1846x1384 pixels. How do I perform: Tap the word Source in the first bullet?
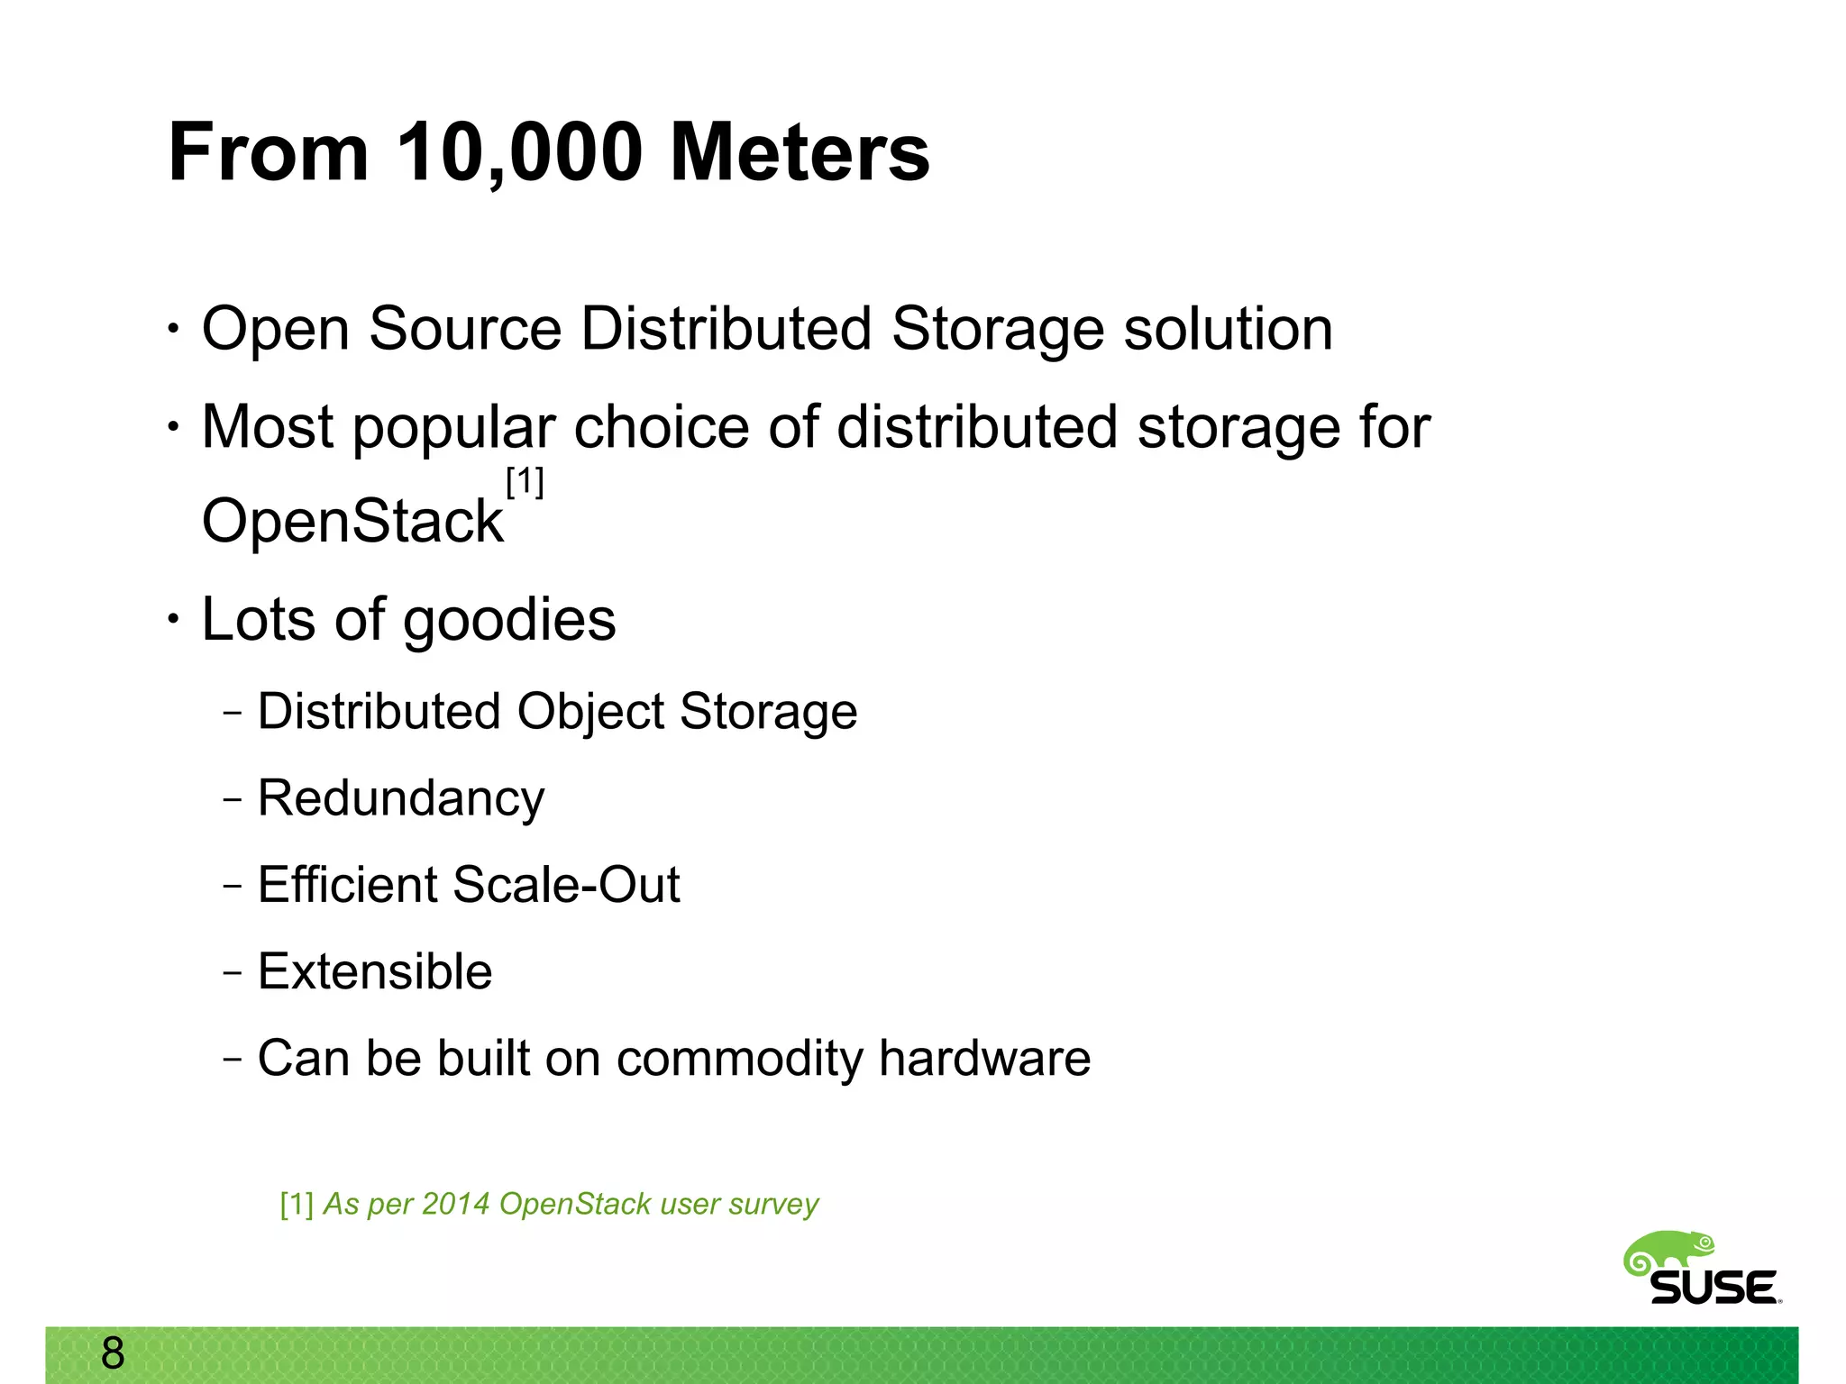(x=465, y=329)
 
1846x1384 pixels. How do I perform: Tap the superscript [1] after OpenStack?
(x=525, y=482)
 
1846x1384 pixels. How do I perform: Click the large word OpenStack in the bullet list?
(x=352, y=522)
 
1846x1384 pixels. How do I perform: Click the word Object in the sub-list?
(x=589, y=713)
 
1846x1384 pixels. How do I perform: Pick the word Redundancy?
(x=401, y=799)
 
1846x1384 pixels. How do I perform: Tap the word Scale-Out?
(x=566, y=885)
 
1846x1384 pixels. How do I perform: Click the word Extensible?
(x=375, y=971)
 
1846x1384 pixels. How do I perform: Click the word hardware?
(x=984, y=1058)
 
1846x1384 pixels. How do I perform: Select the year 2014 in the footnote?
(x=455, y=1204)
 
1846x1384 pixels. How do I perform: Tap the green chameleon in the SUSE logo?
(x=1668, y=1252)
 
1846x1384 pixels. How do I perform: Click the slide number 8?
(x=113, y=1353)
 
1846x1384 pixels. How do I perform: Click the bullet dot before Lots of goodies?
(x=173, y=619)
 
